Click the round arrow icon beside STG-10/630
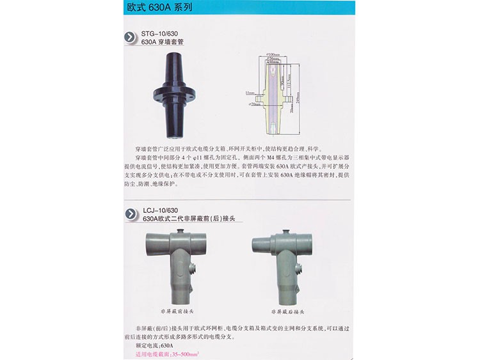pyautogui.click(x=131, y=37)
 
